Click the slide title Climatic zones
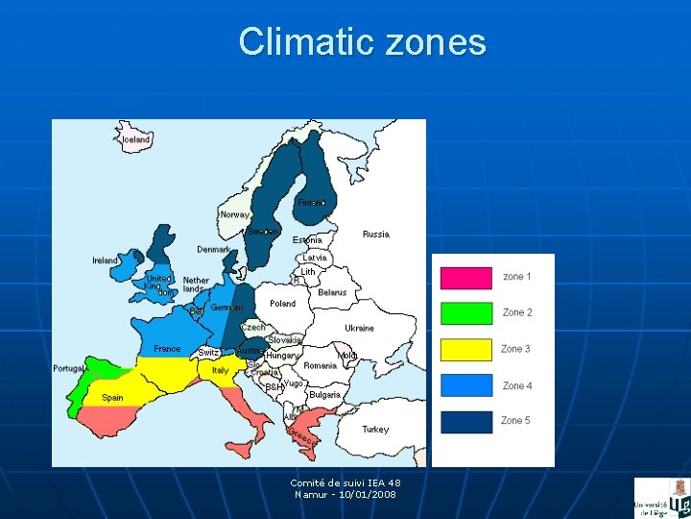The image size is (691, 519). [362, 42]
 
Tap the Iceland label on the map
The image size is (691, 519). [136, 139]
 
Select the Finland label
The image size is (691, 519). [311, 203]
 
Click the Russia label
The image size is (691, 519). [375, 235]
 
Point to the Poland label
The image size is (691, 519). [282, 304]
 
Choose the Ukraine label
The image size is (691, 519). [359, 328]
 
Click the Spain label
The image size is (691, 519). [111, 398]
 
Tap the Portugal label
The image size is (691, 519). [69, 368]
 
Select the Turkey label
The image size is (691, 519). [375, 430]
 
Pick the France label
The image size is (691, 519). [167, 349]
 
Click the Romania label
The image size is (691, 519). [320, 366]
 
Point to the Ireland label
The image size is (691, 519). [105, 260]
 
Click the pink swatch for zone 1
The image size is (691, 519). [465, 278]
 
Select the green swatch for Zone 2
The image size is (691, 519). [465, 313]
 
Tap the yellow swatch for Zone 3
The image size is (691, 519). [465, 349]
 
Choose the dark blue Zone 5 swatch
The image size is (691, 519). [465, 421]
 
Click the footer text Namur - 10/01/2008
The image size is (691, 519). [345, 494]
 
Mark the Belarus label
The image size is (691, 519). [332, 292]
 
